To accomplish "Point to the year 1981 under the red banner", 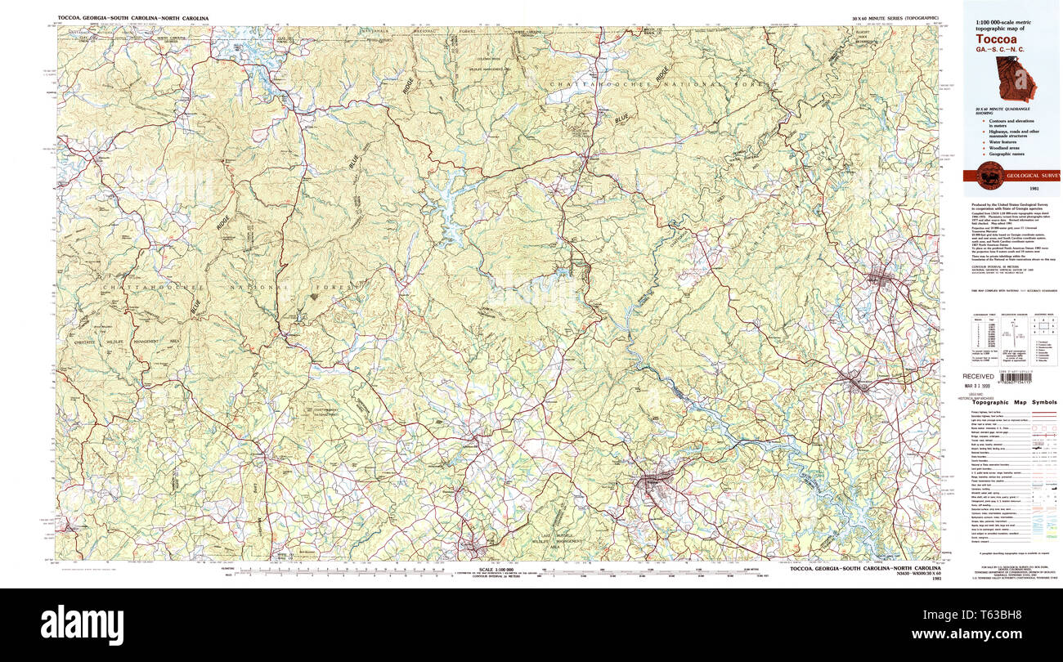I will tap(1011, 189).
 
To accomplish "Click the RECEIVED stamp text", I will tap(978, 376).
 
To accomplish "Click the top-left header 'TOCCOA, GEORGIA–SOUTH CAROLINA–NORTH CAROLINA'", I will tap(133, 17).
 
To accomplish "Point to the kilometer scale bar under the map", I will tap(327, 570).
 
